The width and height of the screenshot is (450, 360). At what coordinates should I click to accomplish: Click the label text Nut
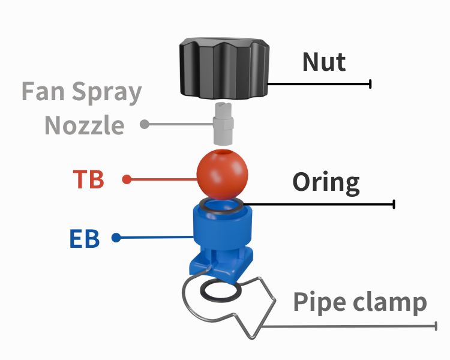324,61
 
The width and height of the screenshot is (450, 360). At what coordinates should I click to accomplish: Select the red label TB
88,179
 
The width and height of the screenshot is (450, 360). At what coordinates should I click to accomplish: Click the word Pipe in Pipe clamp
318,302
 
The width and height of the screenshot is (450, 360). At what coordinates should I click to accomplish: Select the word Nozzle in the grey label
85,125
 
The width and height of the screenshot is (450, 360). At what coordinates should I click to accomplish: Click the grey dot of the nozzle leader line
144,125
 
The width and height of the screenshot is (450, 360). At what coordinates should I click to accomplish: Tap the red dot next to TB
126,179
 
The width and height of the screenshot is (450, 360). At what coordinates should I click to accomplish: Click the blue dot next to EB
116,238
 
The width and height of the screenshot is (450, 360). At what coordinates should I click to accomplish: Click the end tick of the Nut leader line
371,83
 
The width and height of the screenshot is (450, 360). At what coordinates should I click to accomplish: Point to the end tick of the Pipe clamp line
436,325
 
